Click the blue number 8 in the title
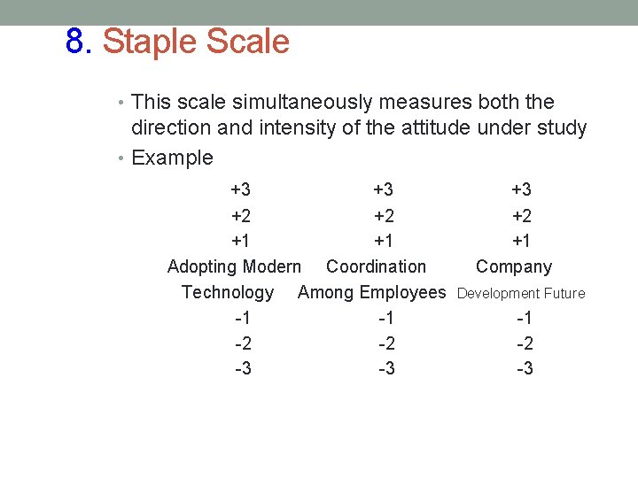coord(76,42)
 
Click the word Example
coord(172,158)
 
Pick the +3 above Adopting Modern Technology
coord(240,189)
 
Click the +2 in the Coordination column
coord(384,215)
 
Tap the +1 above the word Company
coord(522,241)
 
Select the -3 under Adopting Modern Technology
coord(243,368)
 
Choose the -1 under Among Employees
coord(386,318)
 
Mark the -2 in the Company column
coord(525,343)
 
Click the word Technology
coord(228,292)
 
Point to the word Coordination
coord(376,266)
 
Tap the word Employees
coord(403,292)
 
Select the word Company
coord(514,266)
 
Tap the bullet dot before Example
coord(123,158)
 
